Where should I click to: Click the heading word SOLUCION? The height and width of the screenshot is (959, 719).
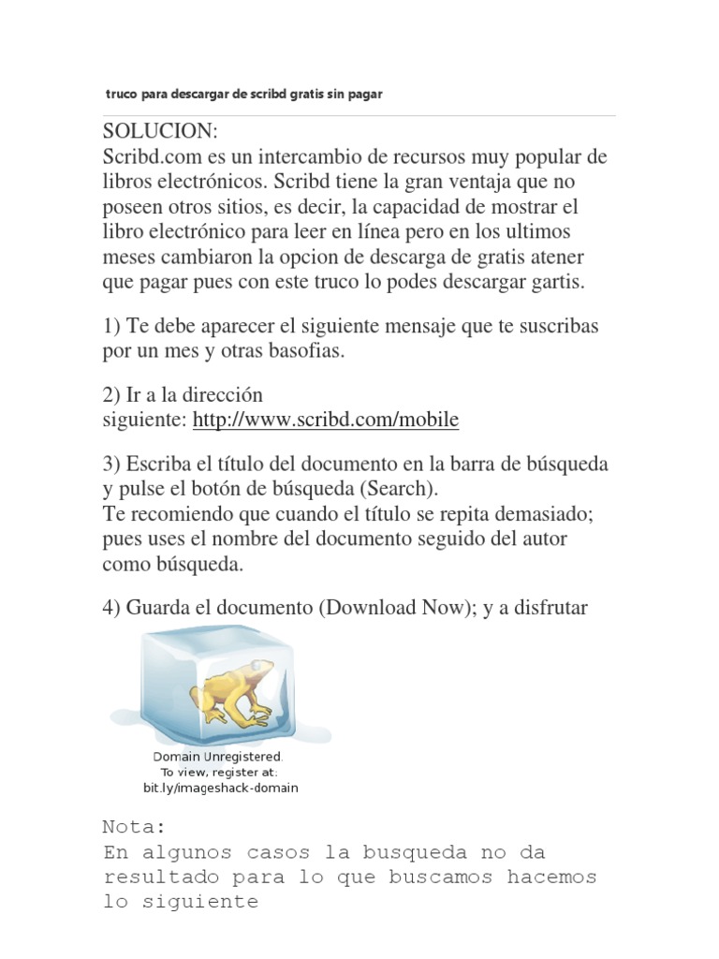(159, 129)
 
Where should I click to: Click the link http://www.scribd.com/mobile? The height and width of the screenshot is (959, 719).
(326, 420)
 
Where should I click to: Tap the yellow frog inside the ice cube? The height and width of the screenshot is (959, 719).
(234, 693)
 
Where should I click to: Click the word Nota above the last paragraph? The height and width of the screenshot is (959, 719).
(133, 827)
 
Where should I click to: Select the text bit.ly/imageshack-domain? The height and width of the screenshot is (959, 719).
(220, 788)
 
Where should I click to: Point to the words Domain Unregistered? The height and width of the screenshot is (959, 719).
(217, 756)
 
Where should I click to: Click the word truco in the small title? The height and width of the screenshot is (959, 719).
(120, 95)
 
